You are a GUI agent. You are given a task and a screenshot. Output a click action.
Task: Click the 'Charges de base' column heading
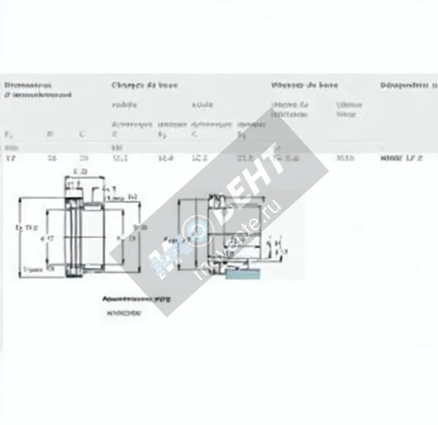click(145, 85)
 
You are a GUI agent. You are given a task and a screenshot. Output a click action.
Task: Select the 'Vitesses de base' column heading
click(304, 85)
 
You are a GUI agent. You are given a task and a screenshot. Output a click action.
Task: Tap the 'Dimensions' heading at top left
click(28, 85)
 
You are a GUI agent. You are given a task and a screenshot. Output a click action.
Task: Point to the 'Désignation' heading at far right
click(408, 85)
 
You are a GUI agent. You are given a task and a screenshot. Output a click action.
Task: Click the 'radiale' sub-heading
click(124, 105)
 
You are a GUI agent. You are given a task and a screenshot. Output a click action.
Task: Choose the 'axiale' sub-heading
click(202, 105)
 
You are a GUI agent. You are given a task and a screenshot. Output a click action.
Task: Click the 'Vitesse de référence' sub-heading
click(290, 109)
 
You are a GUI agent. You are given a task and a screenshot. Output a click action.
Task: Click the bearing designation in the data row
click(401, 158)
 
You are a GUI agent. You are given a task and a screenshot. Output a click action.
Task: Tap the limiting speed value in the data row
click(345, 158)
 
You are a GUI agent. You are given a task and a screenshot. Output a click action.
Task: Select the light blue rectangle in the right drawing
click(243, 273)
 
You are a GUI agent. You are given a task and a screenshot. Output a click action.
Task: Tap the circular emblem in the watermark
click(198, 229)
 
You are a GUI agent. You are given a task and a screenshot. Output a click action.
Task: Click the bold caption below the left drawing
click(136, 299)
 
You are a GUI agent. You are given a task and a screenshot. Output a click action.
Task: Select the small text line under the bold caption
click(124, 313)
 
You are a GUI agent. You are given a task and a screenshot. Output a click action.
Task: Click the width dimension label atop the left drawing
click(80, 171)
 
